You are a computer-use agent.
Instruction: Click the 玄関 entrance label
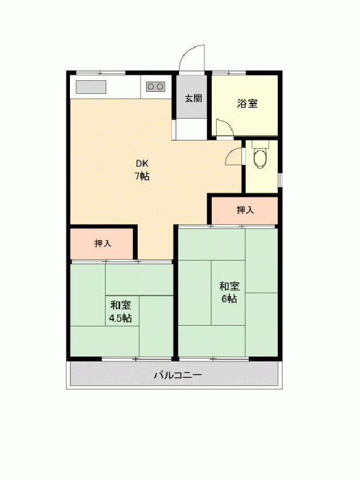click(x=193, y=99)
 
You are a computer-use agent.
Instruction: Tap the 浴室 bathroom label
click(x=247, y=104)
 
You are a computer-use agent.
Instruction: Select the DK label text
click(x=142, y=164)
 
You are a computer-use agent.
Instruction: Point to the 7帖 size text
click(x=142, y=177)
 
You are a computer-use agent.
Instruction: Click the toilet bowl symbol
click(x=260, y=157)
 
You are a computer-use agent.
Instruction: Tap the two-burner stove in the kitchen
click(x=156, y=87)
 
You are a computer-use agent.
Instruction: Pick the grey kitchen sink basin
click(x=91, y=87)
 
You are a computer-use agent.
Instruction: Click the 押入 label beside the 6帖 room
click(x=245, y=210)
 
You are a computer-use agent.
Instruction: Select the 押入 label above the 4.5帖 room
click(x=103, y=243)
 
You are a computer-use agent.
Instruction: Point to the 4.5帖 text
click(x=121, y=318)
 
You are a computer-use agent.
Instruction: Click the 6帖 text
click(x=229, y=299)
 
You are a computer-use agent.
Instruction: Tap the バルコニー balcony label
click(x=178, y=375)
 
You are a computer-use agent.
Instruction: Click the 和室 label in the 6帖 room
click(x=229, y=286)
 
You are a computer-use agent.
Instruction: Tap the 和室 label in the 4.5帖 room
click(x=121, y=306)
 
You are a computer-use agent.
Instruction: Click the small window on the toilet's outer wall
click(x=280, y=180)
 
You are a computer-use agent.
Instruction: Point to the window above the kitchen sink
click(x=100, y=73)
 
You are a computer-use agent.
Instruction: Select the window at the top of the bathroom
click(x=229, y=73)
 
